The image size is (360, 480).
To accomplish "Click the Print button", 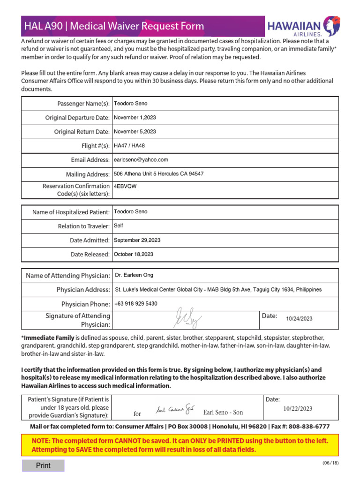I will (x=43, y=465).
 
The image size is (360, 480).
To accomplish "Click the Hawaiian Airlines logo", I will (x=303, y=26).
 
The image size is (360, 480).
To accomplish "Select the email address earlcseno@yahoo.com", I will (x=141, y=160).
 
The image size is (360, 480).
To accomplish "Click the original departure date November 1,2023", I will (x=135, y=117).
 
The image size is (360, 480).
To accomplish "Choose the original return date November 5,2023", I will (x=135, y=132).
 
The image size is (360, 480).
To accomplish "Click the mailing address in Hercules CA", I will (x=159, y=174).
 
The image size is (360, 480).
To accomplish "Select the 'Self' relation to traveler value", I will (x=119, y=226).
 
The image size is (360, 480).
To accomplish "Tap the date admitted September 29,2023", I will (x=137, y=240).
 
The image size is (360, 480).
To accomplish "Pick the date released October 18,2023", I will (x=134, y=255).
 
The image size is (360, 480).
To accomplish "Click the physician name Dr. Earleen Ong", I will (x=135, y=275).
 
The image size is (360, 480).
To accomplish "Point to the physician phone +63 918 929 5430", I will (x=136, y=304).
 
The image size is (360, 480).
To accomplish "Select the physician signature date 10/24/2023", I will (x=299, y=319).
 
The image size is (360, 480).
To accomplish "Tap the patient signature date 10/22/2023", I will (x=298, y=408).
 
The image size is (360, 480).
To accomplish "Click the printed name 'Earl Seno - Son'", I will (x=223, y=412).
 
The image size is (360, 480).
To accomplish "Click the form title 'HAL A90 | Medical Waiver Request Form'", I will (x=114, y=26).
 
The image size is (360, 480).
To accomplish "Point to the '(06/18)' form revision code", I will (x=330, y=463).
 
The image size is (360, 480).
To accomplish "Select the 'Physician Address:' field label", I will (x=83, y=290).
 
